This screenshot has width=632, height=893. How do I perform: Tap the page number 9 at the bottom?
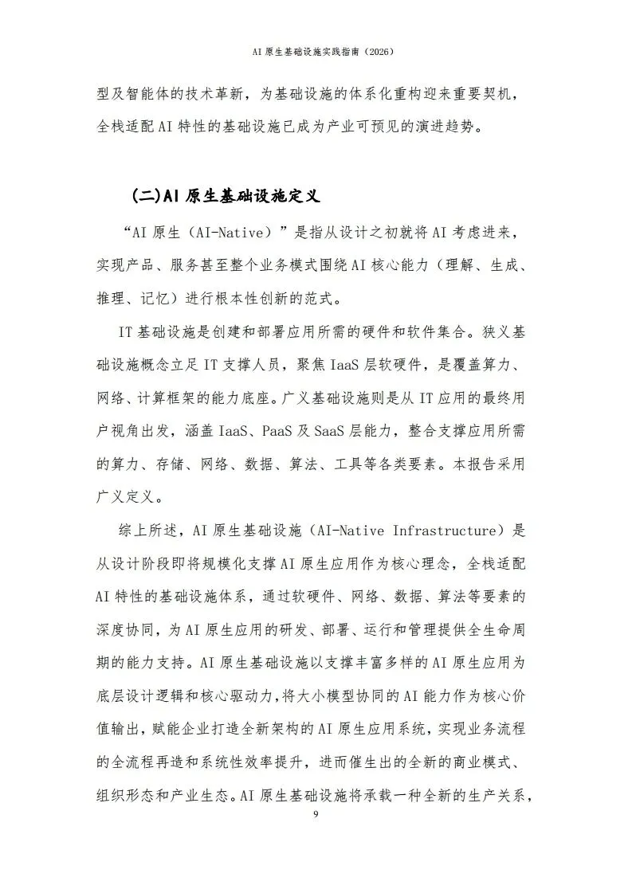point(316,813)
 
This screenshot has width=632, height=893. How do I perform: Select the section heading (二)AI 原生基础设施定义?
point(226,194)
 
